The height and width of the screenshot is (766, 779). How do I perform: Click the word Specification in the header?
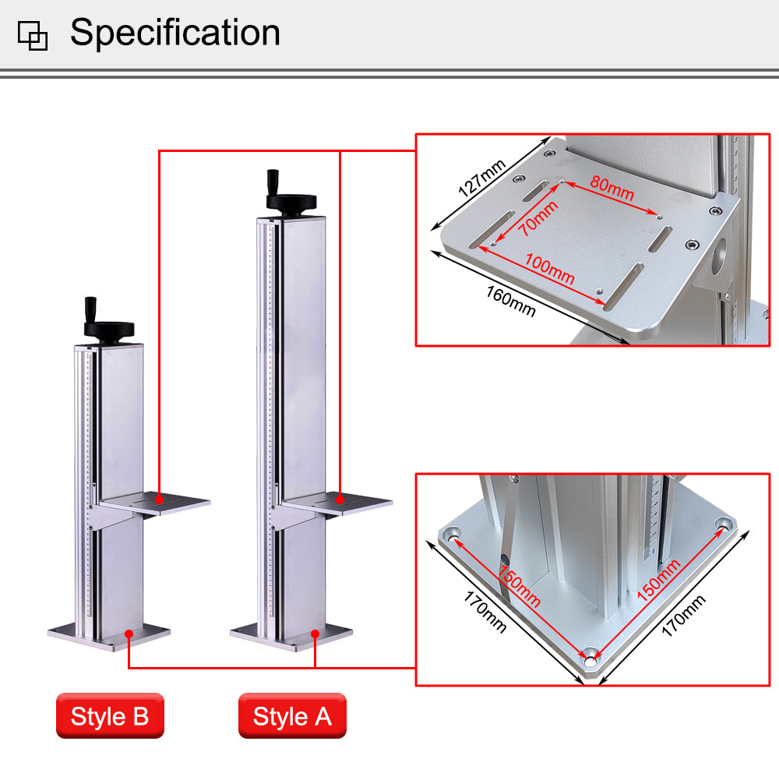[174, 33]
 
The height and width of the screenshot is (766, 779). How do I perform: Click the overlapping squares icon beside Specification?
[33, 35]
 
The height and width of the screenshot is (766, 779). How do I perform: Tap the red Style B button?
[110, 716]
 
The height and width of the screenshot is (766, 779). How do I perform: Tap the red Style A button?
[292, 716]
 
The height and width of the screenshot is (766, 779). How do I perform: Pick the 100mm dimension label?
[549, 269]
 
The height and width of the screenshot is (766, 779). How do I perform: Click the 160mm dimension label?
[511, 301]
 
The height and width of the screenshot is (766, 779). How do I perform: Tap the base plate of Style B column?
[109, 635]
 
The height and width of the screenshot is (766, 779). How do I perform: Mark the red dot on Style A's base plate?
[315, 633]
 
